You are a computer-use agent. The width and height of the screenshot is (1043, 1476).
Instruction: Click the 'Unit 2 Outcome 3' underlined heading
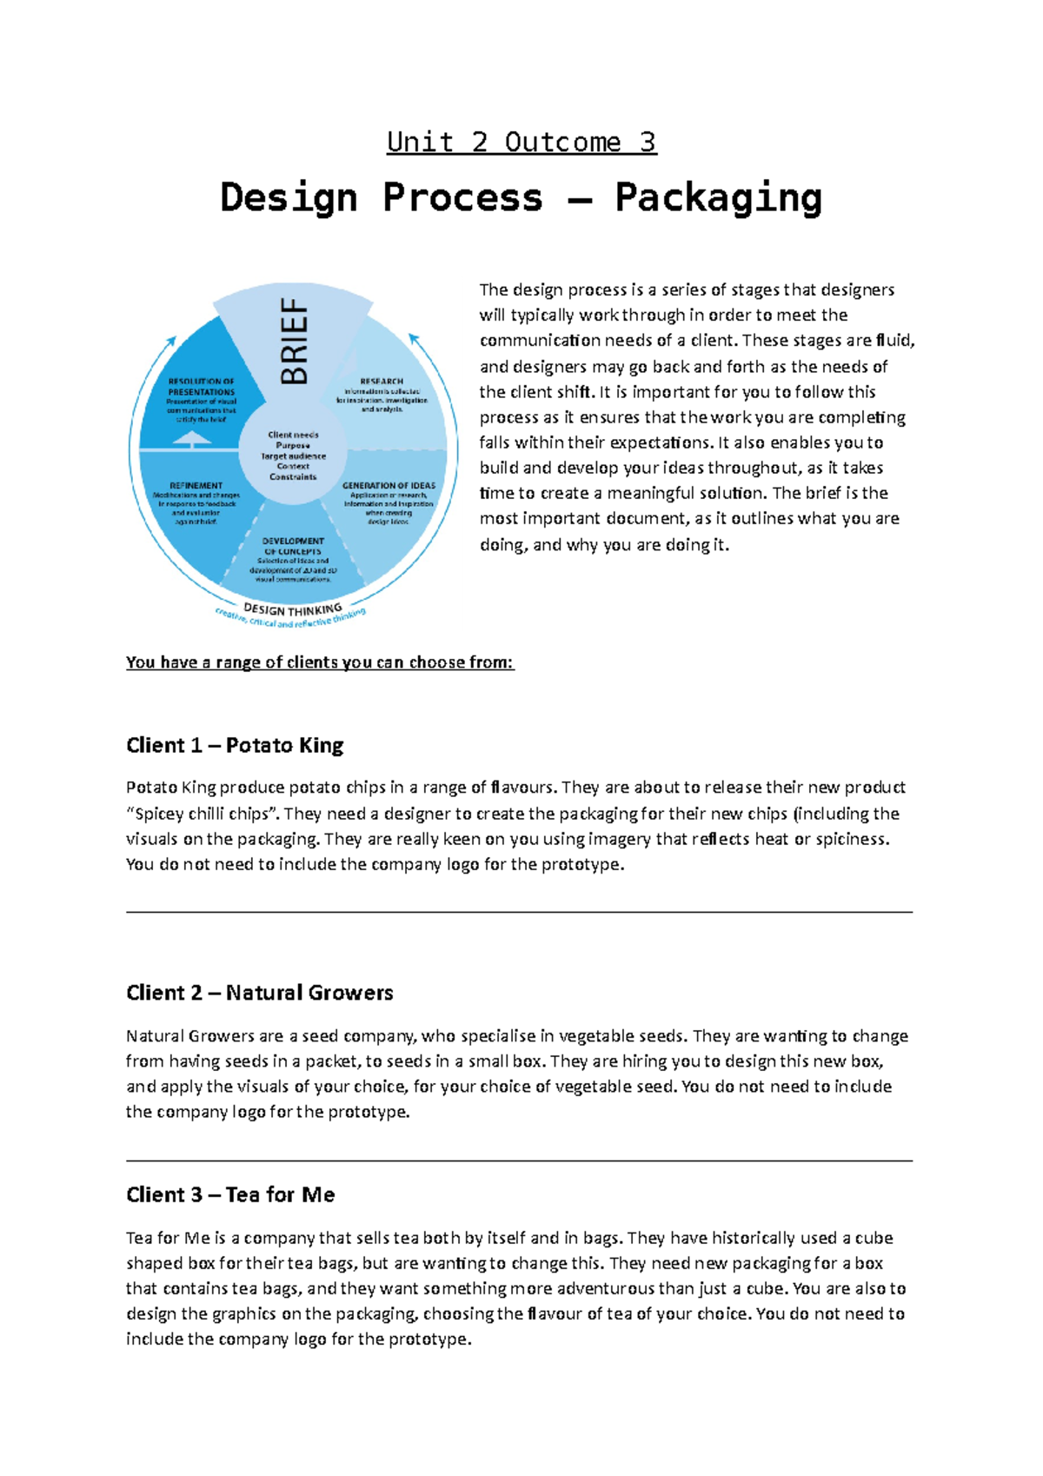(521, 142)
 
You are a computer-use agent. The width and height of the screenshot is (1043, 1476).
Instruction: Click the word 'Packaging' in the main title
(718, 197)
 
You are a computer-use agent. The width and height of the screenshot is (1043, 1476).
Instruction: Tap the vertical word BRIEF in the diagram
(294, 341)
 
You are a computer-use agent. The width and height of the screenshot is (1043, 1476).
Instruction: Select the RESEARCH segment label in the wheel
(382, 381)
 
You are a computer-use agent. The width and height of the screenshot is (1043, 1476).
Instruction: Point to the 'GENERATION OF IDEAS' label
(389, 486)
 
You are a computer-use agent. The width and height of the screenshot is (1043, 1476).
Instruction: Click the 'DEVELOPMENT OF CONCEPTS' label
(293, 546)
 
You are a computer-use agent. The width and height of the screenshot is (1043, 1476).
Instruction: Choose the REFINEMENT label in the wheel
(196, 486)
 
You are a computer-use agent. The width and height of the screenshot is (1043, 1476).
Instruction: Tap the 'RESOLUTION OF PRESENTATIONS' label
(202, 387)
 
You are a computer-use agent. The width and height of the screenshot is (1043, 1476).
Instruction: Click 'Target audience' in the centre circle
(293, 455)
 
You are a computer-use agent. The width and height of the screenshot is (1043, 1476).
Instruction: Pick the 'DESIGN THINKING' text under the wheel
(293, 608)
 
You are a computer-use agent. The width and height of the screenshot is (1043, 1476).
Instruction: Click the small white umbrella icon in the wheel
(192, 439)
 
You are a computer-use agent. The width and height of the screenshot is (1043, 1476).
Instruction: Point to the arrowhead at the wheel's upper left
(171, 342)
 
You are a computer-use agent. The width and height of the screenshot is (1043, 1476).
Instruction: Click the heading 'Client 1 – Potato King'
(235, 745)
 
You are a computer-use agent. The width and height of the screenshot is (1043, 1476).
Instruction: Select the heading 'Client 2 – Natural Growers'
(259, 993)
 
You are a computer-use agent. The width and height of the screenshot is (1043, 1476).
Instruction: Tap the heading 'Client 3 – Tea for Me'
(230, 1194)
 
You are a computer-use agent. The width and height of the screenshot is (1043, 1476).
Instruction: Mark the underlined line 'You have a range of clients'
(320, 662)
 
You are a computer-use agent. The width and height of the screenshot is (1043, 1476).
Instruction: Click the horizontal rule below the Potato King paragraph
(519, 912)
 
